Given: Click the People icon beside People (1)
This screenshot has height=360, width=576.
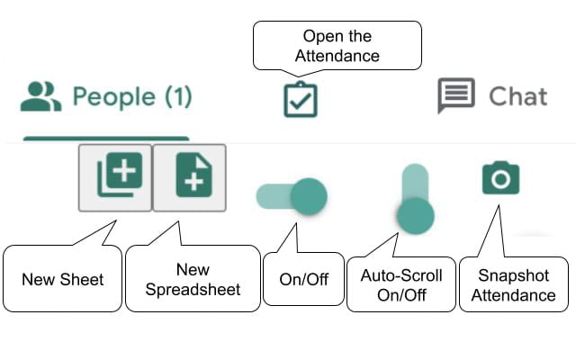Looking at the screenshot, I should click(40, 96).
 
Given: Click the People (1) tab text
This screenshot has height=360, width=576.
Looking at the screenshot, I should click(132, 97).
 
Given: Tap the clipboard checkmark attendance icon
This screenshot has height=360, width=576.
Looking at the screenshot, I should click(301, 99).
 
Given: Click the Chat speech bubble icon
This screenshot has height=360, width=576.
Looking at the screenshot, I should click(456, 95).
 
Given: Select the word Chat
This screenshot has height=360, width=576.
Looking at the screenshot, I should click(517, 96).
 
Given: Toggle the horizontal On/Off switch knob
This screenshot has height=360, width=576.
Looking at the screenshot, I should click(309, 195).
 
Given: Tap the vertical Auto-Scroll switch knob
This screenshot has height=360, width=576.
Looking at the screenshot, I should click(415, 215).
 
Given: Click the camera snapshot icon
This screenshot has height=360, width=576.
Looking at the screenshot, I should click(500, 178).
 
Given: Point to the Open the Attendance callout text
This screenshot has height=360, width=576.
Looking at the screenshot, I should click(337, 46).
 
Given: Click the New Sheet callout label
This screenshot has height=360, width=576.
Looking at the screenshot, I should click(63, 280).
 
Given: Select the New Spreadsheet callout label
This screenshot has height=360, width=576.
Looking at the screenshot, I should click(193, 280).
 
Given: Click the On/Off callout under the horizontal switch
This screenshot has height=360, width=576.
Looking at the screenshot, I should click(303, 280).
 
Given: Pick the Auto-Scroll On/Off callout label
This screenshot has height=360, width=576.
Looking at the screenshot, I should click(401, 284).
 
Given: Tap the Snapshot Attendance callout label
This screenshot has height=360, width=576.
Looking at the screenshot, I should click(515, 284).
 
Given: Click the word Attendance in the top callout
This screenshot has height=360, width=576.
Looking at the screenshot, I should click(337, 56).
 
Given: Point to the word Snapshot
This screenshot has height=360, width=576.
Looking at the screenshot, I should click(515, 274).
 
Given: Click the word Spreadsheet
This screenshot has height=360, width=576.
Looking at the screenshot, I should click(193, 290).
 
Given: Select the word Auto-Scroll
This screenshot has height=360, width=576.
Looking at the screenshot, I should click(401, 274).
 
